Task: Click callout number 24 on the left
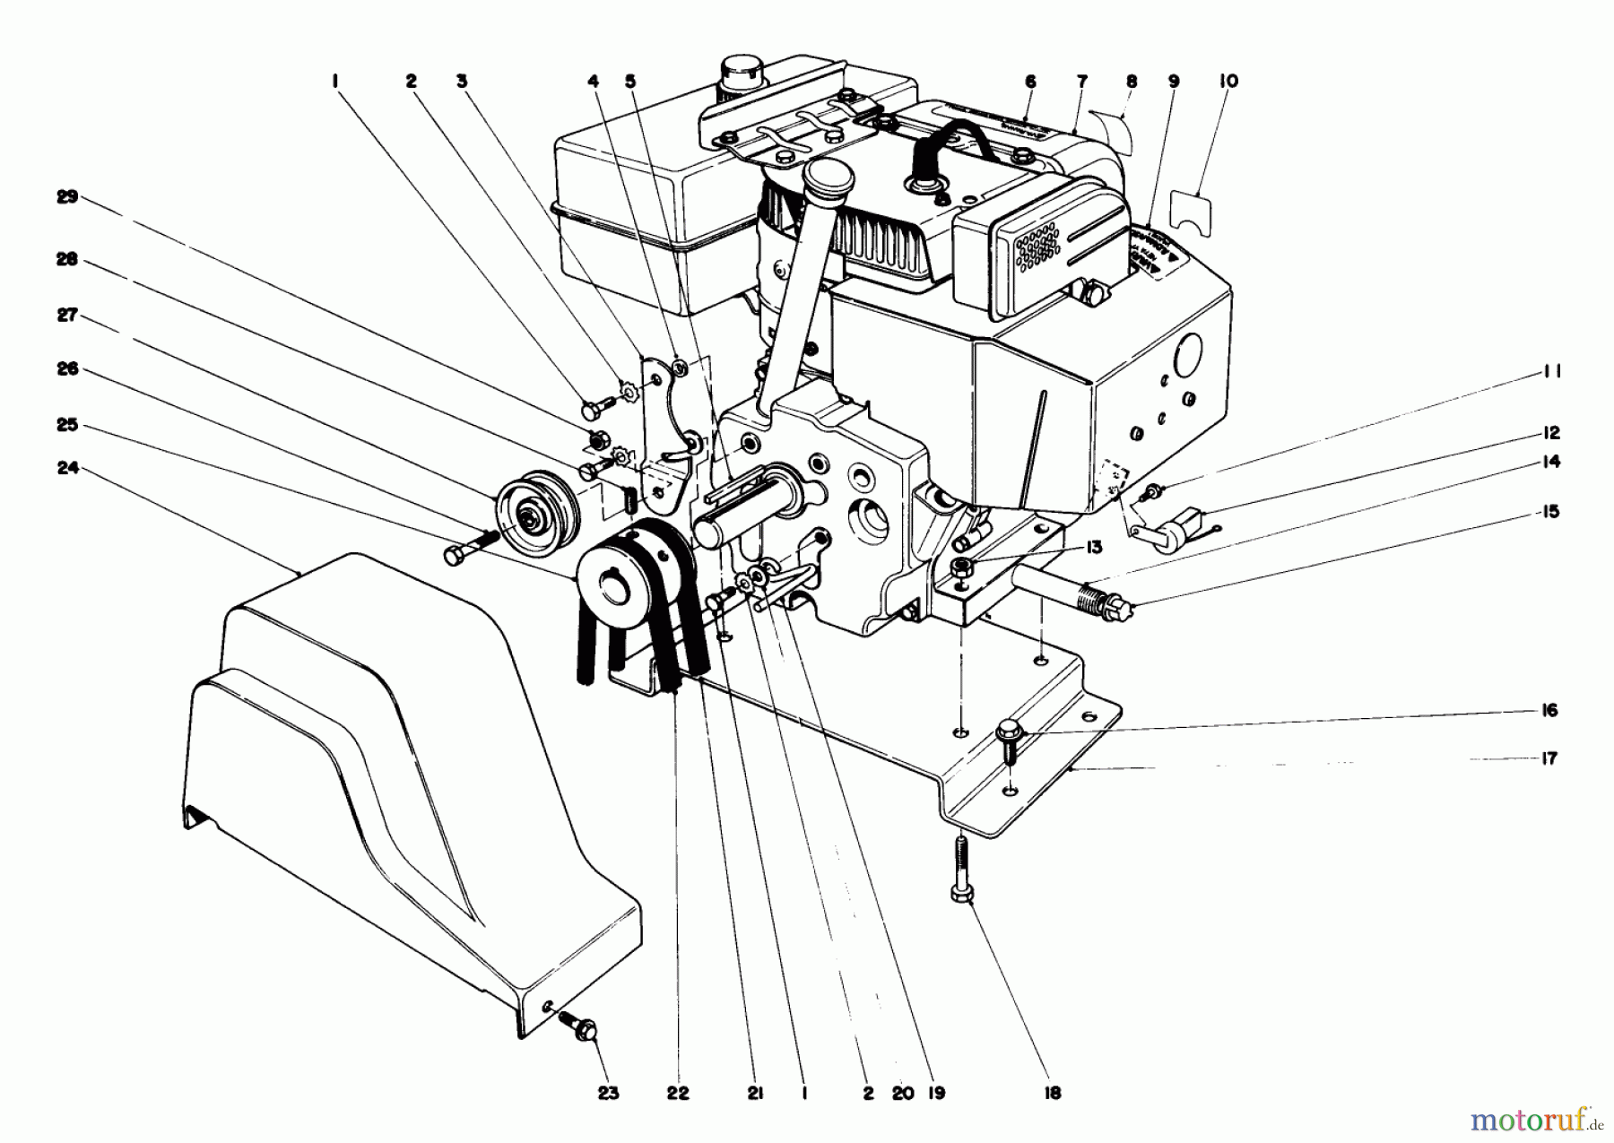(68, 467)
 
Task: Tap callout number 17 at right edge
(1549, 758)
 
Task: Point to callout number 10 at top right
(1228, 81)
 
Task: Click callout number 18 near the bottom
(1052, 1093)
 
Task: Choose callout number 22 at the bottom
(679, 1093)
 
